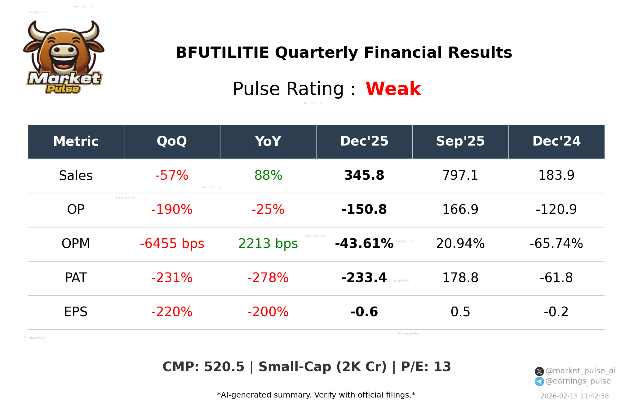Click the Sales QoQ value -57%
click(172, 175)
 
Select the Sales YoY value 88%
click(268, 175)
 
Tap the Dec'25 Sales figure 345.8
click(364, 175)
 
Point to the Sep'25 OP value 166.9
click(460, 209)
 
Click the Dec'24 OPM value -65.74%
click(556, 244)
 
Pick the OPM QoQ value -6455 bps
click(172, 244)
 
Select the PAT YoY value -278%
click(268, 278)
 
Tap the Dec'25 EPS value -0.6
click(364, 312)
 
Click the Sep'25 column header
click(460, 141)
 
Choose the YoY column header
click(268, 141)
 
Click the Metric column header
click(76, 141)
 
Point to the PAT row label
click(76, 278)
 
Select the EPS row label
click(76, 312)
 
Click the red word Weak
click(393, 89)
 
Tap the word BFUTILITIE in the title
click(222, 52)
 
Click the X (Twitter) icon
click(539, 371)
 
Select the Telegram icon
click(539, 381)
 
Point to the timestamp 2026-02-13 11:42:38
click(574, 396)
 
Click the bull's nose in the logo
click(64, 50)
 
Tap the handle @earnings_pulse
click(578, 381)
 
